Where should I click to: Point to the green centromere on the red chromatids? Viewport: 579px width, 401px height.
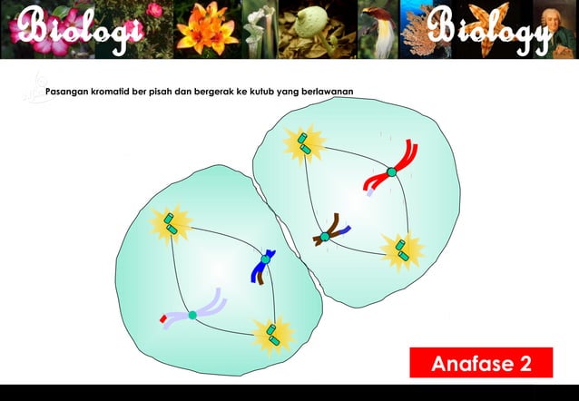click(x=391, y=171)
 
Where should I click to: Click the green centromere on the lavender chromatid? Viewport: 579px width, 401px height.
click(x=192, y=315)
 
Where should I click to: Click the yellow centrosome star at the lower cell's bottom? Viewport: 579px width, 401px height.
click(x=271, y=334)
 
